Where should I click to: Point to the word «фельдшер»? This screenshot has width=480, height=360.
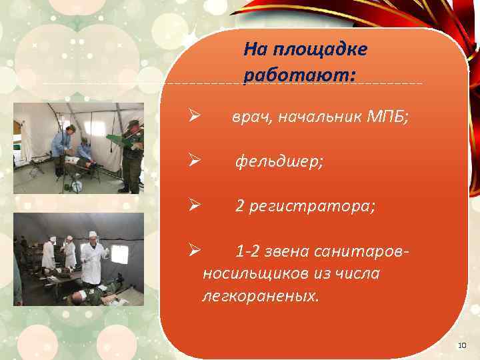[279, 162]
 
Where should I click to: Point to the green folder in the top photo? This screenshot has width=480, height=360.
[117, 139]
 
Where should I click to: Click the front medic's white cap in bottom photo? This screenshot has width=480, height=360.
[93, 234]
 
